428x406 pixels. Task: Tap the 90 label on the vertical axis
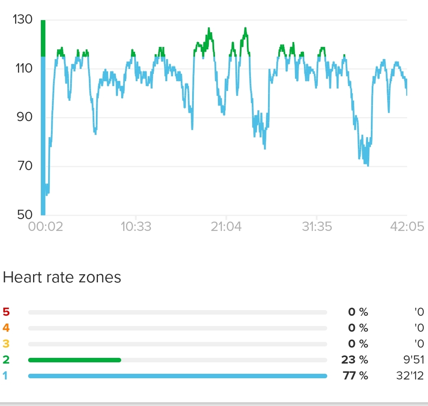tap(23, 118)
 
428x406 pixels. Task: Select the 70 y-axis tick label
tap(23, 166)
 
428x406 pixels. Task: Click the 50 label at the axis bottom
tap(23, 215)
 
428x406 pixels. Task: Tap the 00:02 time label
tap(46, 226)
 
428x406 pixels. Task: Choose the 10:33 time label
tap(136, 226)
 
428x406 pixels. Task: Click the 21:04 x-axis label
tap(226, 226)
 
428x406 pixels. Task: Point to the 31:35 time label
tap(317, 226)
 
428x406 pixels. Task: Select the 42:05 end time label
tap(407, 226)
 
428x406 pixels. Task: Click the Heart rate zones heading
tap(62, 278)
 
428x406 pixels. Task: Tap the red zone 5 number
tap(6, 313)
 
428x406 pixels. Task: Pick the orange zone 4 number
tap(6, 328)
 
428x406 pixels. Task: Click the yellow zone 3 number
tap(6, 344)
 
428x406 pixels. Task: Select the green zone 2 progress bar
tap(75, 360)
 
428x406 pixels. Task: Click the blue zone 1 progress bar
tap(177, 376)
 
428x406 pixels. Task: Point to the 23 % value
tap(355, 360)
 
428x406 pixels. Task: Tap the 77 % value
tap(355, 376)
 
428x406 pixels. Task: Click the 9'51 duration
tap(412, 360)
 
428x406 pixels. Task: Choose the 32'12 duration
tap(410, 376)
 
